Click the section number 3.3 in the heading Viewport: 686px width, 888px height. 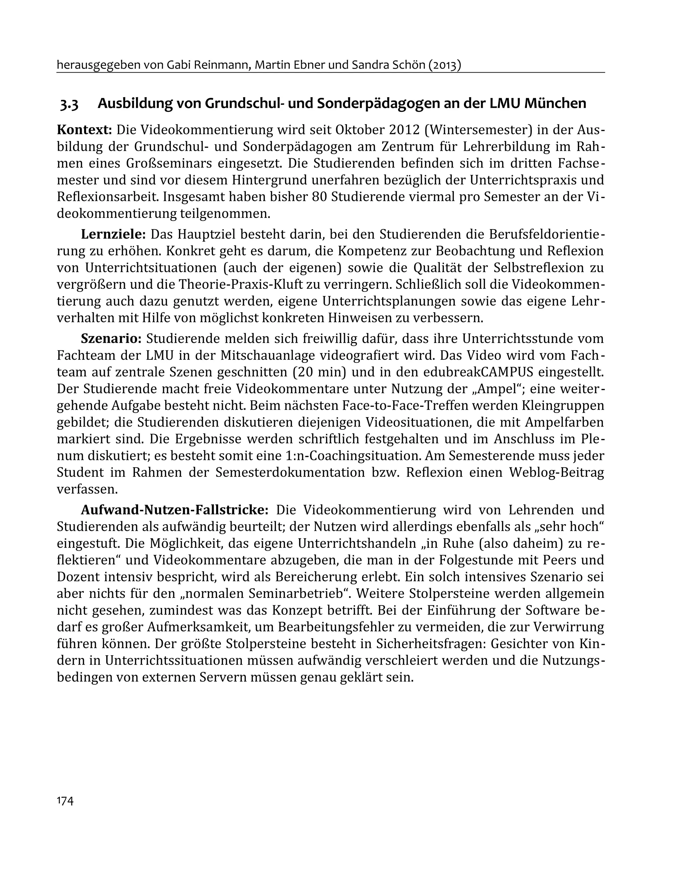[x=69, y=105]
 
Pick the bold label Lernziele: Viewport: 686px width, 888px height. [x=114, y=234]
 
